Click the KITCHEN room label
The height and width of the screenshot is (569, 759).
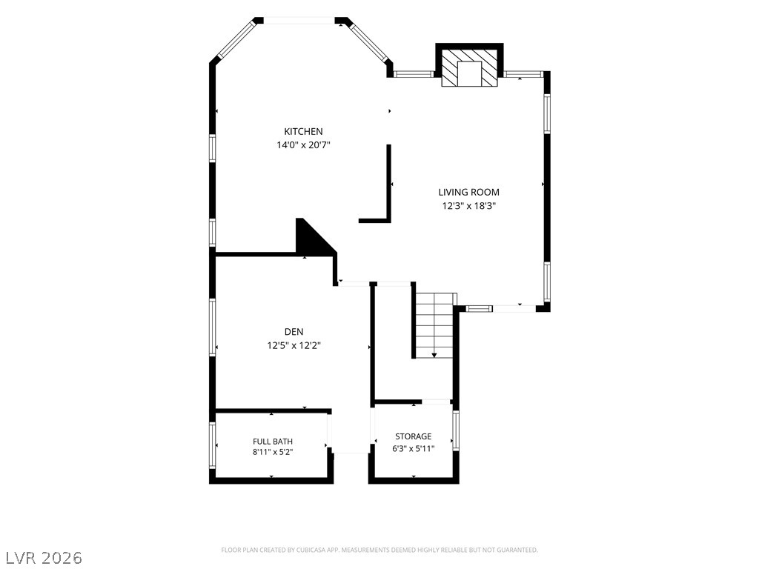(303, 132)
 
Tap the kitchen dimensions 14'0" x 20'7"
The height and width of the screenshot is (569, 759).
(303, 144)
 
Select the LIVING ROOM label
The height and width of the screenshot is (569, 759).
(468, 192)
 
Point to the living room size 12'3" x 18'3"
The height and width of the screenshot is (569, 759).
(469, 206)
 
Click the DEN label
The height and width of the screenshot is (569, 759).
(294, 332)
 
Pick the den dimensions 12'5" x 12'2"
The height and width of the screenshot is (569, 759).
(294, 345)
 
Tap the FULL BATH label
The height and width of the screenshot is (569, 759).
(273, 442)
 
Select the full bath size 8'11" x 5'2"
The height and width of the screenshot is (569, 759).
(273, 452)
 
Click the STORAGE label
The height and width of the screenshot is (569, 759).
(414, 436)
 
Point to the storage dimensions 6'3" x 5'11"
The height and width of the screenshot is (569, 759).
(414, 448)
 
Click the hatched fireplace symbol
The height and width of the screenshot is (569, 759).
(469, 67)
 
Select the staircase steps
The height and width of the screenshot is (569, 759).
(434, 325)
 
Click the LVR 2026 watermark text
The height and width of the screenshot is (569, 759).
(42, 558)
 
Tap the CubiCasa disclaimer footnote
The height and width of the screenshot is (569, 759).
(379, 550)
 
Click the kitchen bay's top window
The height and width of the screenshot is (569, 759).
(299, 20)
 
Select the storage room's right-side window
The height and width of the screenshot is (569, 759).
(456, 430)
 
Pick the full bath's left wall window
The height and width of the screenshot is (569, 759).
(212, 445)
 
